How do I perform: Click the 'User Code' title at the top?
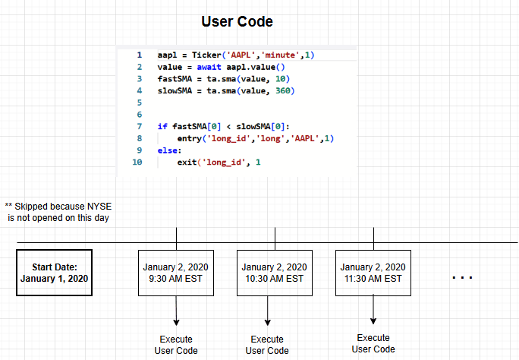tap(237, 21)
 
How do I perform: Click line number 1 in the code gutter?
tap(139, 55)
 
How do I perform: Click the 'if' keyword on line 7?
tap(162, 126)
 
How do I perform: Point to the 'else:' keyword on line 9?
tap(170, 150)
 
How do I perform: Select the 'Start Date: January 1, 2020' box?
tap(54, 273)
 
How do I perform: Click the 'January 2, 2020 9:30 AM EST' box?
tap(176, 273)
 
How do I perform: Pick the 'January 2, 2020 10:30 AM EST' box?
tap(275, 273)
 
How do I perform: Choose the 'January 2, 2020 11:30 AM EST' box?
tap(373, 273)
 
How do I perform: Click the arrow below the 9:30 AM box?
tap(176, 312)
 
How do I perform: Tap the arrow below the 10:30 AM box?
tap(267, 312)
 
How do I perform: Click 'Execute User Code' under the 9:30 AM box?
tap(176, 345)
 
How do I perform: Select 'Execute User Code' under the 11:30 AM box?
tap(373, 343)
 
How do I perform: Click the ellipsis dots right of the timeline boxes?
tap(462, 278)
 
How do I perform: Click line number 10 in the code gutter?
tap(137, 162)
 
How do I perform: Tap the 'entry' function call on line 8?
tap(190, 138)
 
